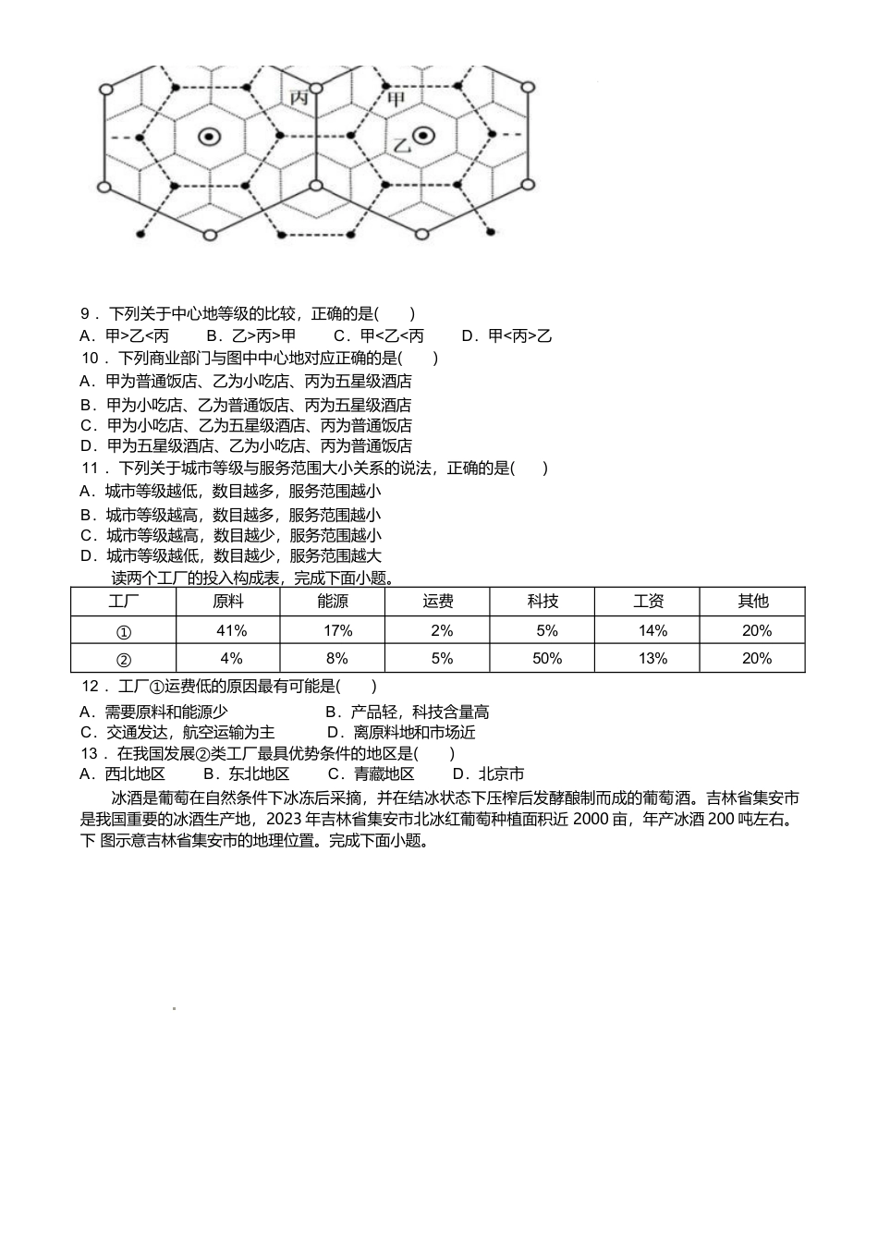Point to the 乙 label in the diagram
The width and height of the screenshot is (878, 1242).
tap(401, 145)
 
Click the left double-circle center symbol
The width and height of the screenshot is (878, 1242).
tap(210, 137)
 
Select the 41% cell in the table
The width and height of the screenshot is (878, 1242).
tap(230, 630)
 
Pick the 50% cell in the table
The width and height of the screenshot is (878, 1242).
tap(547, 658)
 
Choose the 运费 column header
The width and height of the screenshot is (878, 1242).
tap(438, 602)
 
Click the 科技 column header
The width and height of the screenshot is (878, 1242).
tap(543, 602)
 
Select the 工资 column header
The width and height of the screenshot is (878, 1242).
tap(649, 602)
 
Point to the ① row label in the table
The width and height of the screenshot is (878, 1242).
tap(124, 631)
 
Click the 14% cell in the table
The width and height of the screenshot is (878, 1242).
tap(652, 630)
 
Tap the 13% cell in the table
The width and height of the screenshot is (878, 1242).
tap(652, 658)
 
